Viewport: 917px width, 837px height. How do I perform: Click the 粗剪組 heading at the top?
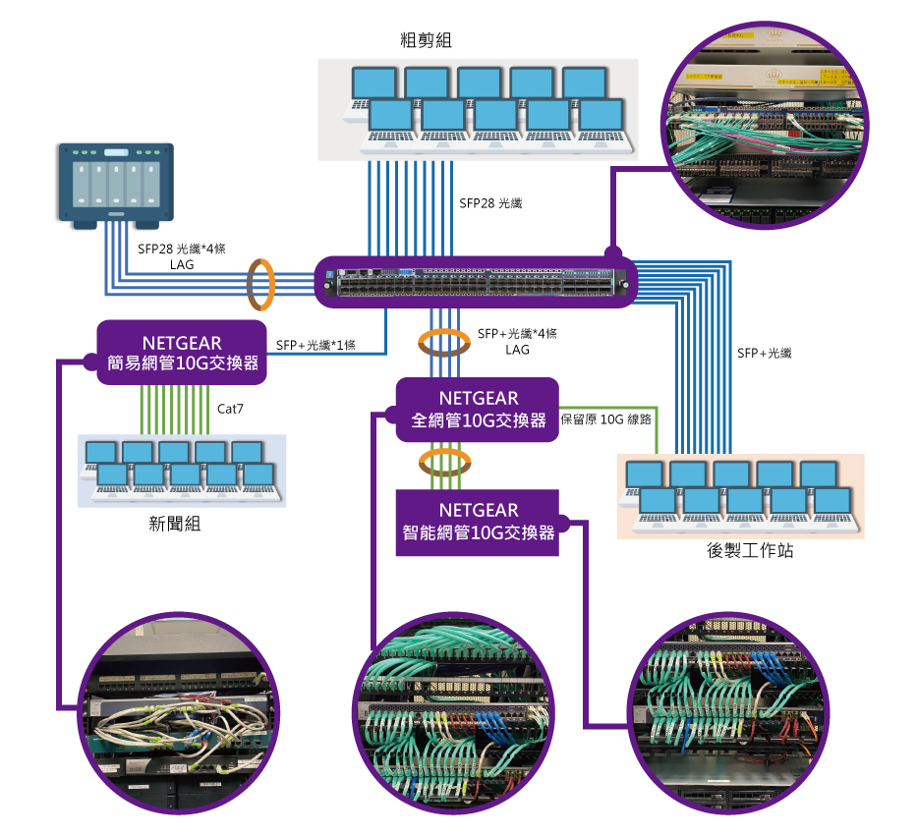click(x=427, y=40)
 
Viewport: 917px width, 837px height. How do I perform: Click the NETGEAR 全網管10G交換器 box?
click(x=478, y=409)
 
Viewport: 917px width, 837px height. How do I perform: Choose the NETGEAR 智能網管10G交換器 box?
click(x=478, y=521)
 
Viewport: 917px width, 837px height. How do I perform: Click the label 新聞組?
click(x=175, y=524)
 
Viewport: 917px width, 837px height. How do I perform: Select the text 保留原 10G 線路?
click(x=606, y=418)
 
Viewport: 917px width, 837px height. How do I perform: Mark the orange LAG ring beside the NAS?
click(x=259, y=284)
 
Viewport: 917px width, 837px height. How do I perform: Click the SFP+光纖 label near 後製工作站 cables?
click(x=765, y=352)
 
